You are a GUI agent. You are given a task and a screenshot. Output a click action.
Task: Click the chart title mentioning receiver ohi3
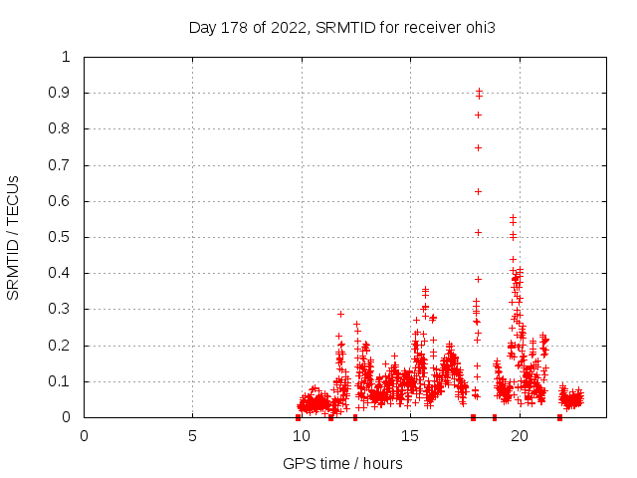[341, 27]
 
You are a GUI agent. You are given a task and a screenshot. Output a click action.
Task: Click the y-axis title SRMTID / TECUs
[13, 237]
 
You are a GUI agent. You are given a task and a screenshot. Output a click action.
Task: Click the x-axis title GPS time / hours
[342, 463]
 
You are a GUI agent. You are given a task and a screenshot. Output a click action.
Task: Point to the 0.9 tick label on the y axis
[61, 93]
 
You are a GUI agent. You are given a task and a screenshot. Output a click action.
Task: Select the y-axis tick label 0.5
[61, 237]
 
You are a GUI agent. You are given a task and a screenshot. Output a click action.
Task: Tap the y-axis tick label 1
[67, 57]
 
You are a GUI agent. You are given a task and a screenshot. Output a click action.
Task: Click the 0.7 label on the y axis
[61, 165]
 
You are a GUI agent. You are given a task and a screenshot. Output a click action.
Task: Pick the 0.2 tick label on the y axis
[61, 346]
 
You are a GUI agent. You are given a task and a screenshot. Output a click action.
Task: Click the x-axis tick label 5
[192, 435]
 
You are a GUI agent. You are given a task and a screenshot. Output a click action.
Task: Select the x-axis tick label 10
[301, 435]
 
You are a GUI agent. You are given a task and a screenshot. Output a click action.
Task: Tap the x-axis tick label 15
[409, 435]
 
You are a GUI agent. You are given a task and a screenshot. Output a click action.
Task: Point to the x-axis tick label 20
[518, 435]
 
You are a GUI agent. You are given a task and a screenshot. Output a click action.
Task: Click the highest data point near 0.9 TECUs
[479, 92]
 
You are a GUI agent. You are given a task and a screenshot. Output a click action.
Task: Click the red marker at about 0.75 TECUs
[479, 147]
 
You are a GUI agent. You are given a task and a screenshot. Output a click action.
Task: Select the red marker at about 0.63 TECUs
[479, 191]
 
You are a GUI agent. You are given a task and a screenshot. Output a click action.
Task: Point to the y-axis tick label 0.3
[61, 310]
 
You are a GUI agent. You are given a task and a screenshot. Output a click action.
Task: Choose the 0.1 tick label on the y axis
[61, 381]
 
